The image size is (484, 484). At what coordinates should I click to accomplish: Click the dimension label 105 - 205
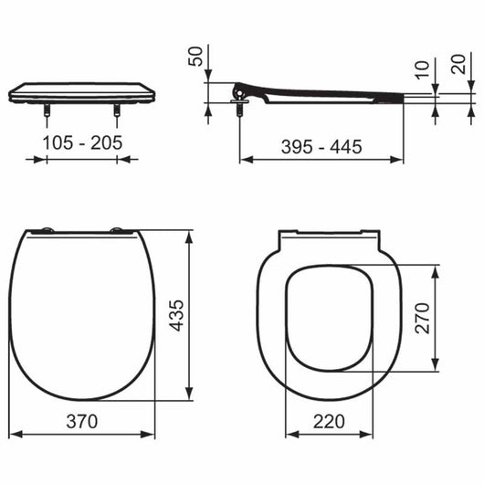click(82, 142)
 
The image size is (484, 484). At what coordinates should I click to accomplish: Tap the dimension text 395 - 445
click(321, 147)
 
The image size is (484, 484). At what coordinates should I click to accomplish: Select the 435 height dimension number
click(177, 315)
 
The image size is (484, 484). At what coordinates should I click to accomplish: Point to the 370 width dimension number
click(82, 421)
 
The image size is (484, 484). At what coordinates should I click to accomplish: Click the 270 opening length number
click(422, 318)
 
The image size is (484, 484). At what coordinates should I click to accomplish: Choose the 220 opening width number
click(329, 421)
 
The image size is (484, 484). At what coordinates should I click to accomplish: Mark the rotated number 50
click(195, 57)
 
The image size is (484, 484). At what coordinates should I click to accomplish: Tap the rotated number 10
click(422, 70)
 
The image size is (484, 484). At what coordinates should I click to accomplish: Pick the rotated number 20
click(458, 64)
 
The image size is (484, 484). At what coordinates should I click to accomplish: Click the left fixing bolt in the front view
click(47, 110)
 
